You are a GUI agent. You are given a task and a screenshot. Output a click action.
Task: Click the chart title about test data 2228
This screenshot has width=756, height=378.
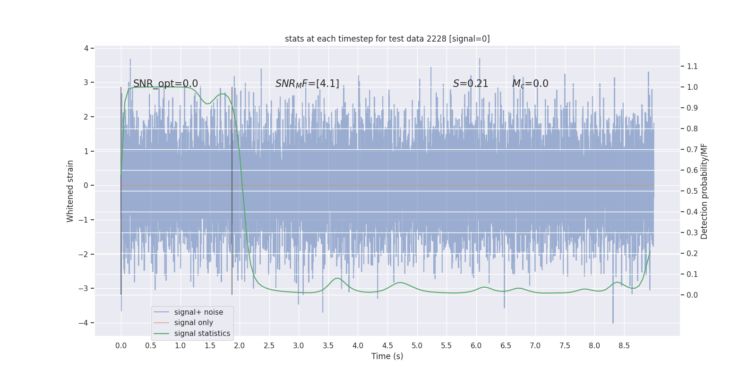pyautogui.click(x=387, y=39)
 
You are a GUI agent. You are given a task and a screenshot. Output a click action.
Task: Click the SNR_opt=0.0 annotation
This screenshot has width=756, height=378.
pyautogui.click(x=165, y=84)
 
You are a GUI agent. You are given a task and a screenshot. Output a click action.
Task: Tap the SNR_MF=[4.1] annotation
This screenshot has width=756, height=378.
pyautogui.click(x=307, y=84)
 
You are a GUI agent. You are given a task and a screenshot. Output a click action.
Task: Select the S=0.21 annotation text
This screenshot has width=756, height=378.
pyautogui.click(x=470, y=84)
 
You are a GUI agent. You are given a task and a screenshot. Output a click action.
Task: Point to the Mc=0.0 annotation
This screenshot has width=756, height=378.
pyautogui.click(x=530, y=84)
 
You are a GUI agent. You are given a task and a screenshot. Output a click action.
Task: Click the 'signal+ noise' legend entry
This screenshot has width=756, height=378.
pyautogui.click(x=198, y=312)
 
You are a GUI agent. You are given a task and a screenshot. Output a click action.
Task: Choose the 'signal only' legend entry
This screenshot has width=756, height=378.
pyautogui.click(x=193, y=323)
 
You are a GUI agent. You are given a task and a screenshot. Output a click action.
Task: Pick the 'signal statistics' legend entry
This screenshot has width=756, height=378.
pyautogui.click(x=202, y=334)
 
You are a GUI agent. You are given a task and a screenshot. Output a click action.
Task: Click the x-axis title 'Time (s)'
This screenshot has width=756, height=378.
pyautogui.click(x=387, y=356)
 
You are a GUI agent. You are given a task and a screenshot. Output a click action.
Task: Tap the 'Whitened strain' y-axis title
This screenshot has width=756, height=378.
pyautogui.click(x=70, y=191)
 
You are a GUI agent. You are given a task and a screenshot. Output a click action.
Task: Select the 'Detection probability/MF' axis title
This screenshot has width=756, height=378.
pyautogui.click(x=704, y=191)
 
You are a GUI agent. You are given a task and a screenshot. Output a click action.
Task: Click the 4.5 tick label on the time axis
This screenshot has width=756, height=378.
pyautogui.click(x=387, y=345)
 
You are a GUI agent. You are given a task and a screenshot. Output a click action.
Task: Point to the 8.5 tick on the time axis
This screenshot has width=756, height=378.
pyautogui.click(x=624, y=345)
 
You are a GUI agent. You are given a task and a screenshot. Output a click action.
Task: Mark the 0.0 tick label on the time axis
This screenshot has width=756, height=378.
pyautogui.click(x=121, y=345)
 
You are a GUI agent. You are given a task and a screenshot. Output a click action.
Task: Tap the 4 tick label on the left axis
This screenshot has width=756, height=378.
pyautogui.click(x=86, y=48)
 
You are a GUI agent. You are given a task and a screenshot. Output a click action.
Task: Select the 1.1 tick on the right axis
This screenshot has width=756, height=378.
pyautogui.click(x=692, y=66)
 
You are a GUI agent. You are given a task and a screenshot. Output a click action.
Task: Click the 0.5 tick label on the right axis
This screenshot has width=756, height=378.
pyautogui.click(x=692, y=191)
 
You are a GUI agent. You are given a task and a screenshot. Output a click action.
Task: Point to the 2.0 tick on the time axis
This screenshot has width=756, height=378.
pyautogui.click(x=240, y=345)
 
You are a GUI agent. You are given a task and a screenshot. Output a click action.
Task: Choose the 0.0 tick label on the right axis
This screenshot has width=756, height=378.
pyautogui.click(x=692, y=295)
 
